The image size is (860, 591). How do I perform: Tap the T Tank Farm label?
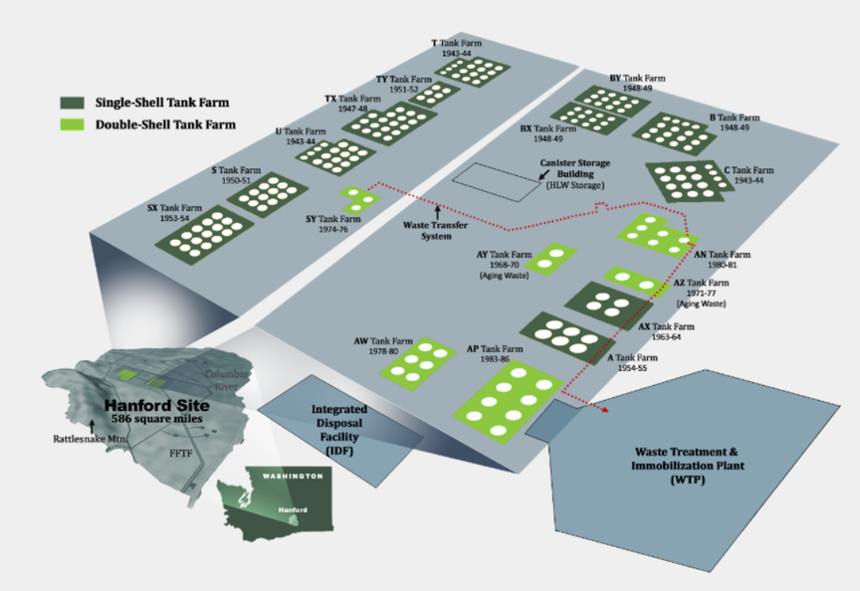pos(456,44)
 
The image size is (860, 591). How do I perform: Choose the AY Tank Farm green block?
pos(551,259)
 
